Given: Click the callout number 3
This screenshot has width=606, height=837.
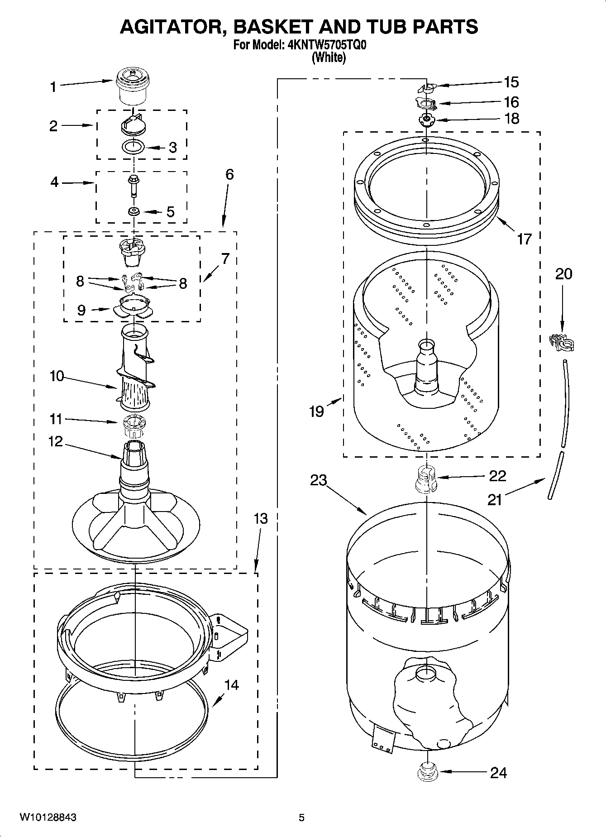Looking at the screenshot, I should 172,148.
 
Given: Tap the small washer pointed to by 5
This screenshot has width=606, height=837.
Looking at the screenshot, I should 134,211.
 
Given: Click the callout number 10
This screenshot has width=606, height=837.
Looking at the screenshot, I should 57,376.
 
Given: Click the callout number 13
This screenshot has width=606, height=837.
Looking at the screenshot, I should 260,519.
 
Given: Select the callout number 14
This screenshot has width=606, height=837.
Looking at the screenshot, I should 231,684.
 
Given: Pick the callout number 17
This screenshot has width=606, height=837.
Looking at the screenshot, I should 524,239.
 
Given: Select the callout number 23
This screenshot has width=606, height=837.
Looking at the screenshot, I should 318,480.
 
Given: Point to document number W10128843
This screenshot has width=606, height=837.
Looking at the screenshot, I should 48,818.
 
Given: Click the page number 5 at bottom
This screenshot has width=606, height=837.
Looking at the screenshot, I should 301,818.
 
